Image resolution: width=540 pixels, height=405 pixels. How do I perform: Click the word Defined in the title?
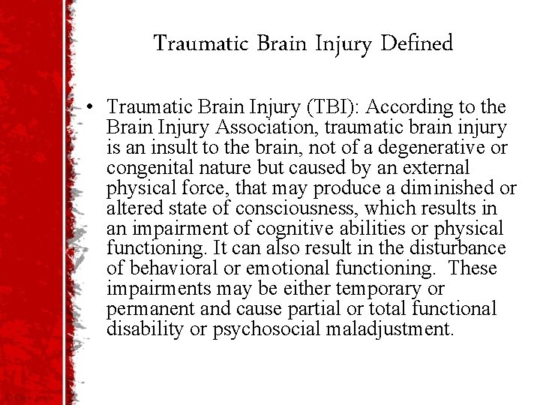pyautogui.click(x=417, y=43)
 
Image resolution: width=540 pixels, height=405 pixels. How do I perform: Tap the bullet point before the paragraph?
pyautogui.click(x=90, y=108)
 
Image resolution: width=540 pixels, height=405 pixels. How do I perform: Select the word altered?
pyautogui.click(x=129, y=208)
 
